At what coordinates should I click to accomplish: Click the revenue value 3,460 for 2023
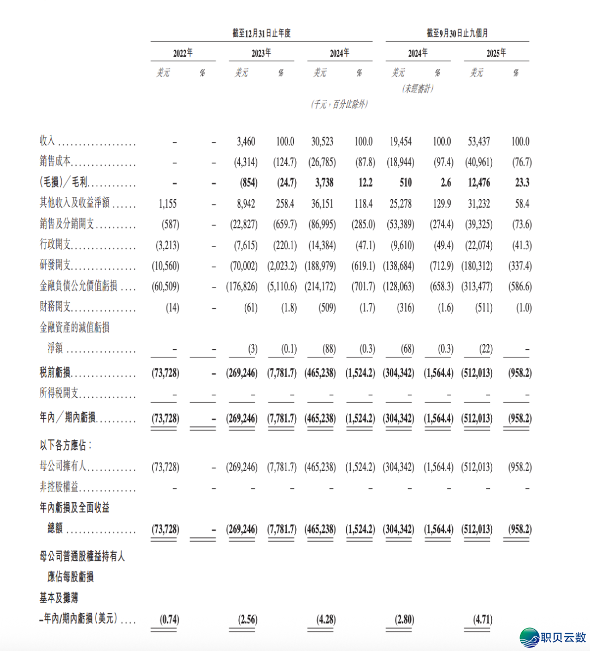pyautogui.click(x=246, y=142)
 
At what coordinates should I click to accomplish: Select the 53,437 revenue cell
pyautogui.click(x=479, y=142)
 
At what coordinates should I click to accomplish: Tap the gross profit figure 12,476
pyautogui.click(x=479, y=183)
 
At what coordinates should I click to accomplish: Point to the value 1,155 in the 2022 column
pyautogui.click(x=168, y=203)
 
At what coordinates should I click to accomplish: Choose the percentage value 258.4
pyautogui.click(x=285, y=203)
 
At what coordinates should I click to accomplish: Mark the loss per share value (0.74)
pyautogui.click(x=169, y=619)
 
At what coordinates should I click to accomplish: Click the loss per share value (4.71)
pyautogui.click(x=482, y=619)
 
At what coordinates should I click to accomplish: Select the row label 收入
pyautogui.click(x=48, y=141)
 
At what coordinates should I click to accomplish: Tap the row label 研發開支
pyautogui.click(x=55, y=265)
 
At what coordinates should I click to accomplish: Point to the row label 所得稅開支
pyautogui.click(x=59, y=393)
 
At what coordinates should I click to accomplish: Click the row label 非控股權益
pyautogui.click(x=59, y=486)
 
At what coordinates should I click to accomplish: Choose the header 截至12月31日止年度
pyautogui.click(x=261, y=33)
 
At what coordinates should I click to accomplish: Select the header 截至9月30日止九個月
pyautogui.click(x=457, y=33)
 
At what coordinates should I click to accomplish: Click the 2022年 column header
pyautogui.click(x=183, y=53)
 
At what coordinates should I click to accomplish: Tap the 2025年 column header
pyautogui.click(x=496, y=53)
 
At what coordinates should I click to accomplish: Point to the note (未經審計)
pyautogui.click(x=418, y=88)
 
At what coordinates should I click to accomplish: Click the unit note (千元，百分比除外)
pyautogui.click(x=339, y=104)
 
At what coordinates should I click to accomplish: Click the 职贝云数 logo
pyautogui.click(x=553, y=637)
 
